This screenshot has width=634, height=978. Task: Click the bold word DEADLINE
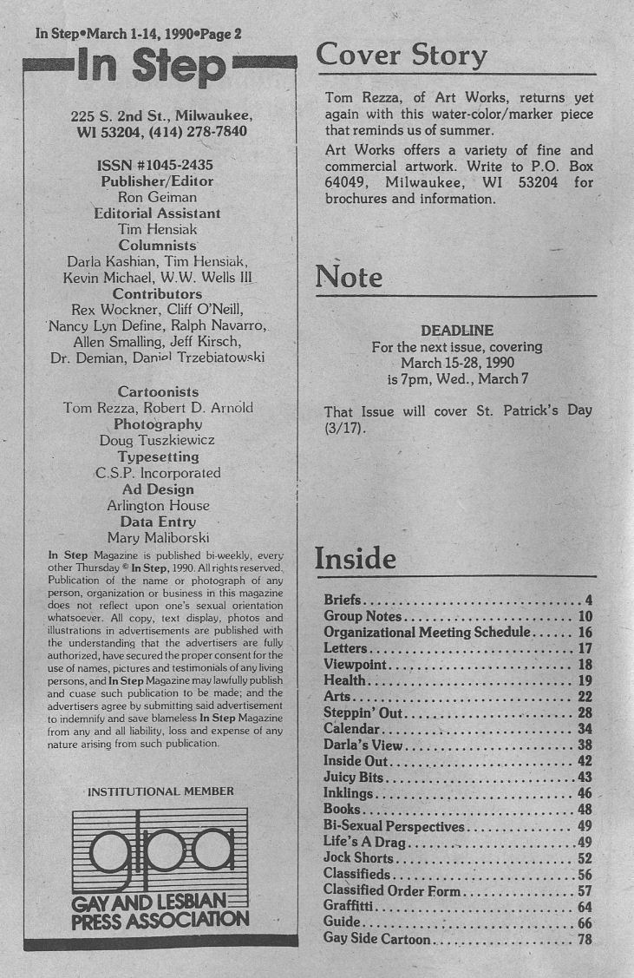pyautogui.click(x=456, y=330)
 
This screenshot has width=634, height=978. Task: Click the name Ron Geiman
pyautogui.click(x=157, y=197)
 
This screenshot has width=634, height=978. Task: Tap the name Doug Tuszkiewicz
pyautogui.click(x=158, y=440)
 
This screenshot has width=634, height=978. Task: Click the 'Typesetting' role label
pyautogui.click(x=158, y=456)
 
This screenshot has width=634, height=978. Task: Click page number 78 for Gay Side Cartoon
pyautogui.click(x=585, y=938)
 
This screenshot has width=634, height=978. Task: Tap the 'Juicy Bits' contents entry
pyautogui.click(x=353, y=777)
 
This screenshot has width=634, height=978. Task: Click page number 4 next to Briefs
pyautogui.click(x=588, y=600)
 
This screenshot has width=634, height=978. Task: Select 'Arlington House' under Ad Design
pyautogui.click(x=158, y=505)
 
